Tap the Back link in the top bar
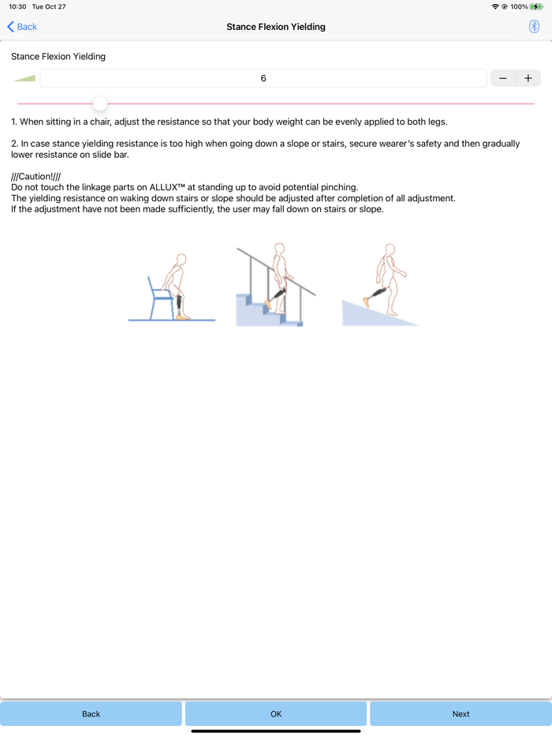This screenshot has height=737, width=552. [22, 27]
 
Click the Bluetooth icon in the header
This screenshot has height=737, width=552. [534, 26]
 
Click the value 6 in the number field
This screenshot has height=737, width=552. [263, 78]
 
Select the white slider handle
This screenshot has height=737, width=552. [100, 103]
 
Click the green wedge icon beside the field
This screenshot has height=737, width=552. [25, 78]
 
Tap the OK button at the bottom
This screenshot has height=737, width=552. [276, 713]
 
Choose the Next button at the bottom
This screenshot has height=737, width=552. [461, 713]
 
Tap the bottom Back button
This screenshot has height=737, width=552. [91, 713]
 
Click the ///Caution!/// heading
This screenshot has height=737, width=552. [35, 176]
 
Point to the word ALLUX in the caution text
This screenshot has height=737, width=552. [163, 187]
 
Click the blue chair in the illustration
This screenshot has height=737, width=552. [160, 298]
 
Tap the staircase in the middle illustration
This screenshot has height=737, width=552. [269, 310]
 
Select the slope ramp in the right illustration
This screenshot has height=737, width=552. [379, 312]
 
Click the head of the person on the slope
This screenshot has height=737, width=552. [390, 249]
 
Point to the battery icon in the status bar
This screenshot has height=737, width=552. [536, 6]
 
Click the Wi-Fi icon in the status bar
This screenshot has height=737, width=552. [495, 6]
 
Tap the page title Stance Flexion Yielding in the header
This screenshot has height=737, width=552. [276, 27]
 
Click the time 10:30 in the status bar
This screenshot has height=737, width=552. [17, 6]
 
